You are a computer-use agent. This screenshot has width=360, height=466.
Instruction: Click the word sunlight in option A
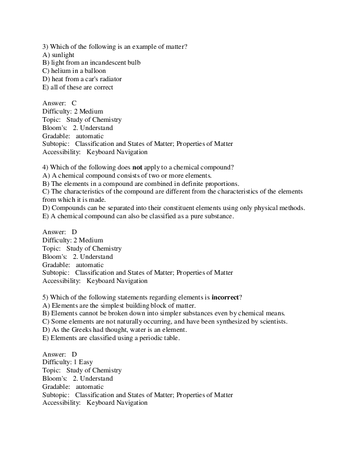[62, 54]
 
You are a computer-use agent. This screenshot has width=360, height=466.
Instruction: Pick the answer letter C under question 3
[74, 103]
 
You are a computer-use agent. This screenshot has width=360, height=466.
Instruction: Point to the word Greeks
[82, 330]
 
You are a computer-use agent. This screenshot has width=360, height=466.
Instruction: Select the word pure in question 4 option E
[184, 217]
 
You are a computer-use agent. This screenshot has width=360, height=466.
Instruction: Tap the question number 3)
[46, 46]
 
